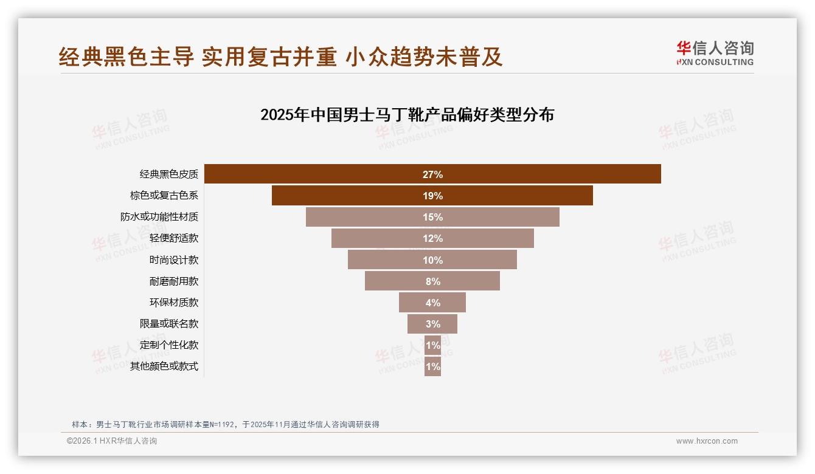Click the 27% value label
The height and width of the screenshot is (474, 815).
pyautogui.click(x=432, y=174)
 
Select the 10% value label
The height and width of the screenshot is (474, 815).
pyautogui.click(x=432, y=260)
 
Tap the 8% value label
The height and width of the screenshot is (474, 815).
pyautogui.click(x=432, y=281)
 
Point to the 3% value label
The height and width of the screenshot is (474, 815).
pyautogui.click(x=432, y=324)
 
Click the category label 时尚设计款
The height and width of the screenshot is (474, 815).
pyautogui.click(x=174, y=260)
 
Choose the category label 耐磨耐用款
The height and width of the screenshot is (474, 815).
pyautogui.click(x=174, y=281)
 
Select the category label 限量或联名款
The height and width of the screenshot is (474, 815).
pyautogui.click(x=169, y=324)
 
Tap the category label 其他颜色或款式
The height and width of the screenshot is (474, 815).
pyautogui.click(x=164, y=366)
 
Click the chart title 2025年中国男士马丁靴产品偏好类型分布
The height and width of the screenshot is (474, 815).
pyautogui.click(x=407, y=115)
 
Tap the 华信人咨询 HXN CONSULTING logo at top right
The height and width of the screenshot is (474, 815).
pyautogui.click(x=715, y=53)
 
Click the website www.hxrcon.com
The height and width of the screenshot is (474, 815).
pyautogui.click(x=707, y=441)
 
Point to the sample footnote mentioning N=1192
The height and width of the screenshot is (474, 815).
pyautogui.click(x=226, y=424)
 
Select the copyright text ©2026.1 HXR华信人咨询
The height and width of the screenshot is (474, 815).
pyautogui.click(x=112, y=441)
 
